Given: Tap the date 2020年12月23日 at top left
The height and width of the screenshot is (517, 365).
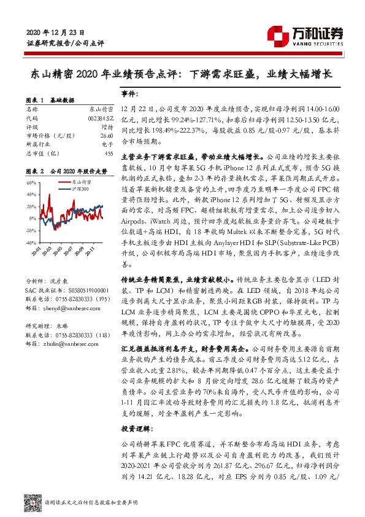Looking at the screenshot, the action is click(55, 32).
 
